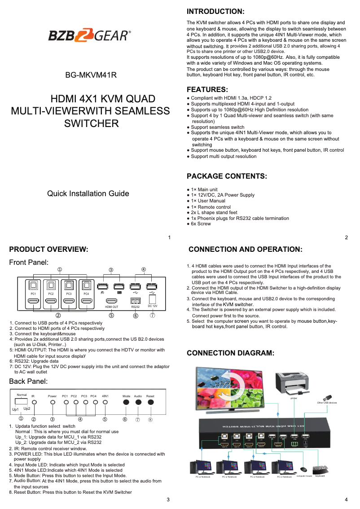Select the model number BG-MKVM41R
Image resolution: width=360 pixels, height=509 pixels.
[x=91, y=75]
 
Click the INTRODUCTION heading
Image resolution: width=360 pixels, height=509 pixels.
[x=215, y=11]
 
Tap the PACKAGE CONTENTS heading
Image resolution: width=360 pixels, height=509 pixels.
[x=227, y=176]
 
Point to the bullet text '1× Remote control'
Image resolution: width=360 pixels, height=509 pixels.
[x=211, y=207]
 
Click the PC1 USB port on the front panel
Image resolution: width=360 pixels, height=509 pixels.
[x=33, y=285]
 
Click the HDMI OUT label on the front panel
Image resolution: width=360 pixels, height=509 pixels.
[x=111, y=307]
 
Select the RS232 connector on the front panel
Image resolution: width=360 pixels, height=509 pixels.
[x=136, y=300]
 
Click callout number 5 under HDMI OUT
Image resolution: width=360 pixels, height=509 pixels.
[x=111, y=315]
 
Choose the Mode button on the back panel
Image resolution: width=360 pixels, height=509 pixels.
[x=126, y=402]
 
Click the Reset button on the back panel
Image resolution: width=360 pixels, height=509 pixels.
[x=150, y=402]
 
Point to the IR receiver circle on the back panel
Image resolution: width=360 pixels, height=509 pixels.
[x=34, y=403]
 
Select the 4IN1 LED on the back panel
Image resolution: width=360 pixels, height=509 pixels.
[x=105, y=402]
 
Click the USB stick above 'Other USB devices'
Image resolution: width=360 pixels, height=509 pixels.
[x=327, y=398]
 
